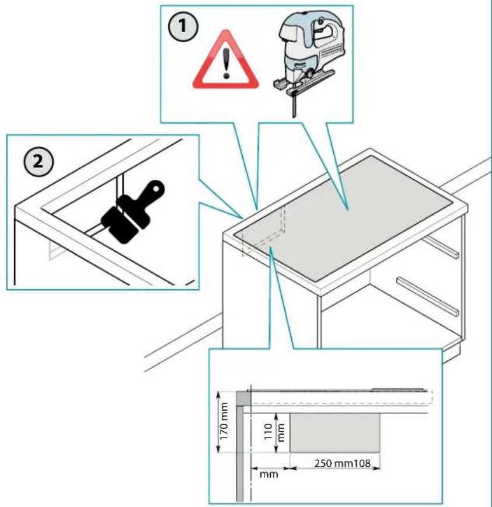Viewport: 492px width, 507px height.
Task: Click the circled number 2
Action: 39,162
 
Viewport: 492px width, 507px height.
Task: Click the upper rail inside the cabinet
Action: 439,246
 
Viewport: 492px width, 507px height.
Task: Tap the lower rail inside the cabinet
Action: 427,296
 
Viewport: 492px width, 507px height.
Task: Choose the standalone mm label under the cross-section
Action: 268,474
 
